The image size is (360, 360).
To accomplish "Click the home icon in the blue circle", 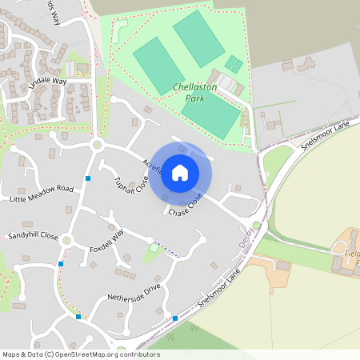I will coord(180,173).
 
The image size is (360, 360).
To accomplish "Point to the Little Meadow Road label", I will coord(42,193).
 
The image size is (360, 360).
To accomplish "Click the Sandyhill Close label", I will coord(33,237).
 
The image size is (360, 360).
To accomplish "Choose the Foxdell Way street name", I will coord(107,240).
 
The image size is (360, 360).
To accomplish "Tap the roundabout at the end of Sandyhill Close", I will coord(66,240).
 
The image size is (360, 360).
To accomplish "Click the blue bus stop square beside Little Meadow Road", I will coord(88,178).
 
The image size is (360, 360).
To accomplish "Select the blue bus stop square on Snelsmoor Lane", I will coord(174,318).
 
